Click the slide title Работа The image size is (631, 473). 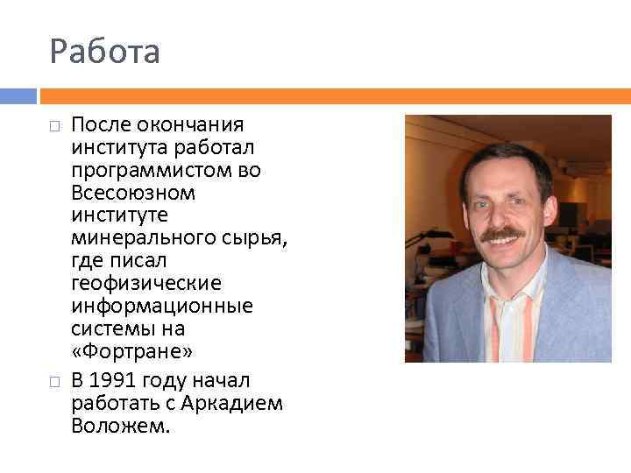pyautogui.click(x=105, y=52)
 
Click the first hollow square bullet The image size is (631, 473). pyautogui.click(x=54, y=127)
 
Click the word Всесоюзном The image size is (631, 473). pyautogui.click(x=132, y=193)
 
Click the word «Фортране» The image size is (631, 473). pyautogui.click(x=127, y=352)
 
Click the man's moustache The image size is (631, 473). pyautogui.click(x=502, y=235)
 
